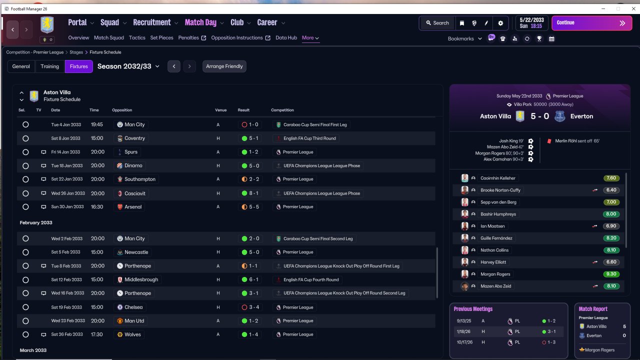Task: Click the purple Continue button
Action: (x=591, y=23)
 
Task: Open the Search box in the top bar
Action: (x=437, y=23)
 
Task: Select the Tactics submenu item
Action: (x=137, y=37)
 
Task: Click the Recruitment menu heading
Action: (x=151, y=22)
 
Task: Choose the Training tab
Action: (x=49, y=66)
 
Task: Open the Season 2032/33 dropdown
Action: (x=128, y=66)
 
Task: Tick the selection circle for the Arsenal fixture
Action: (x=25, y=207)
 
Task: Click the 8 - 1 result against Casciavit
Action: (x=250, y=193)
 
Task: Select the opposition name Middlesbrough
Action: (x=141, y=279)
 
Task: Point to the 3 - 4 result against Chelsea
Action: (x=250, y=307)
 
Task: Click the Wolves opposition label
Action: (x=132, y=334)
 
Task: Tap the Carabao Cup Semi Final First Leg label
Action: (x=315, y=125)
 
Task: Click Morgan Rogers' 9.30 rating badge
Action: (x=611, y=274)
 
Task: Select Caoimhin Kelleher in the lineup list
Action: (x=497, y=178)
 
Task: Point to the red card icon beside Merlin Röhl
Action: (x=549, y=141)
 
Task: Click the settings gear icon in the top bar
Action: (x=500, y=23)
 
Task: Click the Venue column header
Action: (x=220, y=110)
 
